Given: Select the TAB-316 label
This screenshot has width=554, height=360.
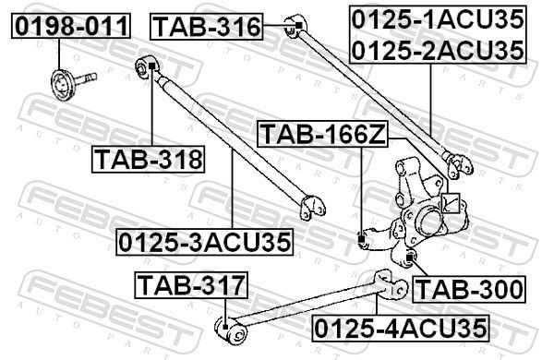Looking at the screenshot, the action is click(x=206, y=26).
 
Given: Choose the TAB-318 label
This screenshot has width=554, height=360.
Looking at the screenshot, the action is click(x=148, y=159).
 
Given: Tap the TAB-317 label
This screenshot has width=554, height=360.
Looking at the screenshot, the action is click(x=192, y=286).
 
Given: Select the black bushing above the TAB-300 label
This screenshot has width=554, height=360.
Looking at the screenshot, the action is click(x=412, y=255).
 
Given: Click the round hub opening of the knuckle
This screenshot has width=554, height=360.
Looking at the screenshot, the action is click(x=428, y=222).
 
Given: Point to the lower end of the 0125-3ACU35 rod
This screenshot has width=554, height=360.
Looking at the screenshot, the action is click(x=310, y=205).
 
